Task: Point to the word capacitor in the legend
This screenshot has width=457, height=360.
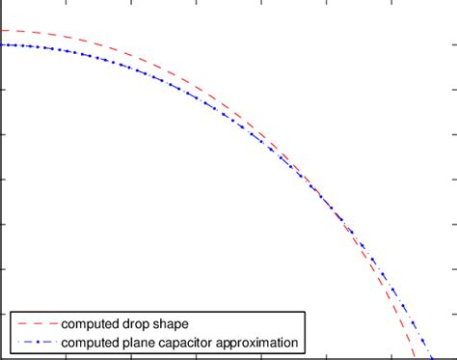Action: click(x=193, y=343)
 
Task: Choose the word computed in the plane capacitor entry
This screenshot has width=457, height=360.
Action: click(x=90, y=343)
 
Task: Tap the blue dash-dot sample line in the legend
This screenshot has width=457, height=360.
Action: click(x=34, y=343)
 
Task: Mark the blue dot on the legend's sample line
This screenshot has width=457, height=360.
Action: click(x=34, y=343)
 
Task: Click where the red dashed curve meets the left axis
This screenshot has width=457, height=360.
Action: click(x=2, y=31)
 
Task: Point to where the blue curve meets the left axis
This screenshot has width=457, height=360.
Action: click(x=2, y=44)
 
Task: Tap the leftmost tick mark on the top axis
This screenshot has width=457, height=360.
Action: click(x=67, y=3)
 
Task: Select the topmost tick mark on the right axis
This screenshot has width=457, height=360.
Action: click(x=453, y=45)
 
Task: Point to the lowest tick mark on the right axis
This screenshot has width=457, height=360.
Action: click(x=453, y=314)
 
